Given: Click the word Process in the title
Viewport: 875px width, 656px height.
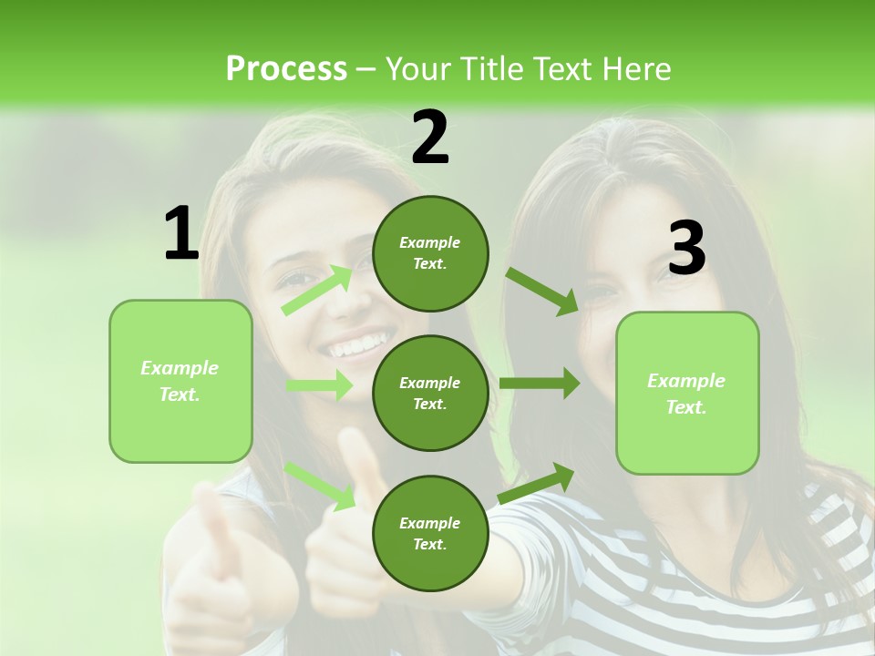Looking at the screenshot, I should (x=286, y=68).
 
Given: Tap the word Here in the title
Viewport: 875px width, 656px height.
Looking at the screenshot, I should (x=637, y=68).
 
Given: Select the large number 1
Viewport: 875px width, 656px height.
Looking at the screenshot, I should (x=181, y=234).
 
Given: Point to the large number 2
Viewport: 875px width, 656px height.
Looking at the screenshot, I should (x=430, y=138).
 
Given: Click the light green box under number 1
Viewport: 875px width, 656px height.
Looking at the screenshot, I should (x=180, y=381).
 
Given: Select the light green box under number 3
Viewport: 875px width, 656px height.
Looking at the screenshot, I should (x=687, y=394).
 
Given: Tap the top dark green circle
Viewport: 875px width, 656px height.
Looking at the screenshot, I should (x=430, y=253).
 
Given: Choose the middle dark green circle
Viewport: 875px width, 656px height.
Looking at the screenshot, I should (x=430, y=393).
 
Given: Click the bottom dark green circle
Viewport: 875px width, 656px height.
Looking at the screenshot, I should (x=430, y=533).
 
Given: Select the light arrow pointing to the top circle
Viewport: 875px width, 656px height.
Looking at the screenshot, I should (x=318, y=290).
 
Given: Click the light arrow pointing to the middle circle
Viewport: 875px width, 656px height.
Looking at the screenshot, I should (x=320, y=385).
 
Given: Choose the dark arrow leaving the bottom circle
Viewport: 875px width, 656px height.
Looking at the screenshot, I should (x=537, y=483).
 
